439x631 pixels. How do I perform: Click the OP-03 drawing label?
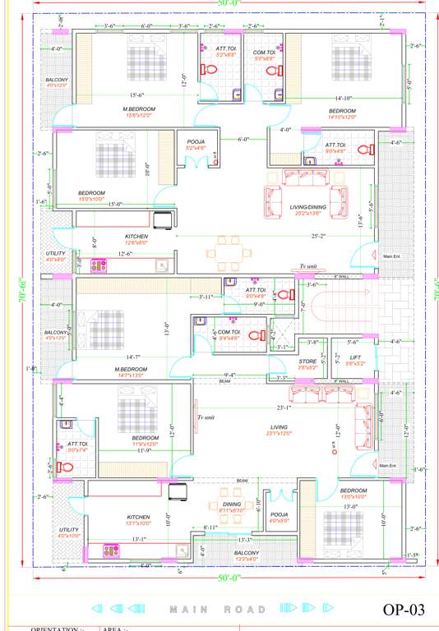(x=404, y=609)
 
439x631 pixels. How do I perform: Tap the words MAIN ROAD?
(x=219, y=610)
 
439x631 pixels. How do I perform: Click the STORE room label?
(x=307, y=362)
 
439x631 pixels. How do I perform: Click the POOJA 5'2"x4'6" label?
(x=196, y=145)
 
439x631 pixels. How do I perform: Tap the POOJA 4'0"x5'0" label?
(x=280, y=517)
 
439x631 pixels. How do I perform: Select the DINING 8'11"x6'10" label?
(x=233, y=507)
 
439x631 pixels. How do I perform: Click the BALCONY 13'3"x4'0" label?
(x=246, y=556)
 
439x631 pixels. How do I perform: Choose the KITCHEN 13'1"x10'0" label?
(x=138, y=520)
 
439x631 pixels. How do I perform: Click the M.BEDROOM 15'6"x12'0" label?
(x=139, y=113)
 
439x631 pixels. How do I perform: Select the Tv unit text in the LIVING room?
(x=206, y=417)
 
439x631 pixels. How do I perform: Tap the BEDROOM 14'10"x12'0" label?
(x=342, y=113)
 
